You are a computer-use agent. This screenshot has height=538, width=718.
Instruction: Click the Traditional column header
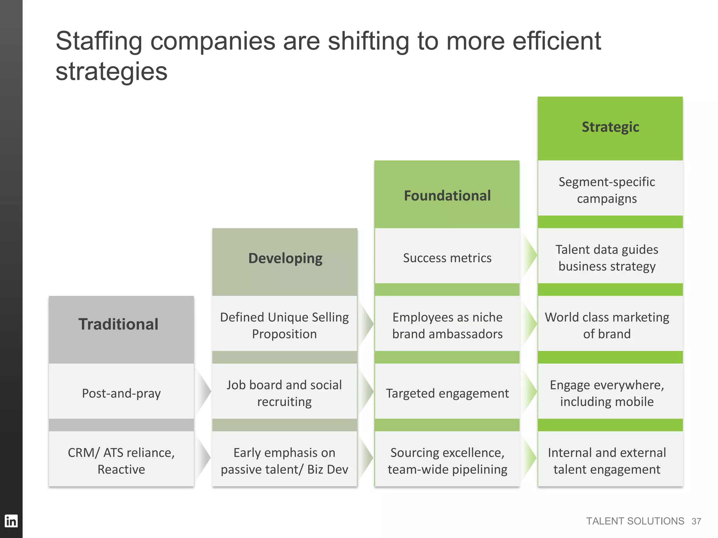118,324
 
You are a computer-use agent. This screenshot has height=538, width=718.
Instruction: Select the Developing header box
285,258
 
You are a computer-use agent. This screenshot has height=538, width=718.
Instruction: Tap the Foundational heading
447,195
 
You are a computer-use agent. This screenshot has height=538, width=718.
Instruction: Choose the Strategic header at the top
610,127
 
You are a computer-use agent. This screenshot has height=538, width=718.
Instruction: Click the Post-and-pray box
121,393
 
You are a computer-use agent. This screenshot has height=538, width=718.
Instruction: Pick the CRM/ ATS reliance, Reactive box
121,461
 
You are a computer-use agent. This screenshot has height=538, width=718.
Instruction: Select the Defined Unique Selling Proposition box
284,325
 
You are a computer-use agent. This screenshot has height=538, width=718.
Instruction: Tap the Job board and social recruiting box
284,393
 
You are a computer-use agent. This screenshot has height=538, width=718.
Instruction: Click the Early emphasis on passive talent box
284,461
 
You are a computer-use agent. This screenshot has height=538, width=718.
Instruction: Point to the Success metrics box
447,258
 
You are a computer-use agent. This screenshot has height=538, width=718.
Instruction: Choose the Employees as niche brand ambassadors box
447,325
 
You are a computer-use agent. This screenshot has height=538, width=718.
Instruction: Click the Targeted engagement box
447,393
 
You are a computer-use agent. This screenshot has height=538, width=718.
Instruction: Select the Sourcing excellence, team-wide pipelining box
447,461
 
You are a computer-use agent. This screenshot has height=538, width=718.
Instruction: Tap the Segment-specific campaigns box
607,190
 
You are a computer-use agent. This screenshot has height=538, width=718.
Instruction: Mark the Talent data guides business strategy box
607,257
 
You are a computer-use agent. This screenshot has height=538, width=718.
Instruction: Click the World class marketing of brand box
607,325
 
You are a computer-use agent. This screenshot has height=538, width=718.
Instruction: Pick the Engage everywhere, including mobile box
607,393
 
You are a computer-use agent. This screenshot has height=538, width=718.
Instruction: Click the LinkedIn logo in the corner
11,521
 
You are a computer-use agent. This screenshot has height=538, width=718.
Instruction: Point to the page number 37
696,521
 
